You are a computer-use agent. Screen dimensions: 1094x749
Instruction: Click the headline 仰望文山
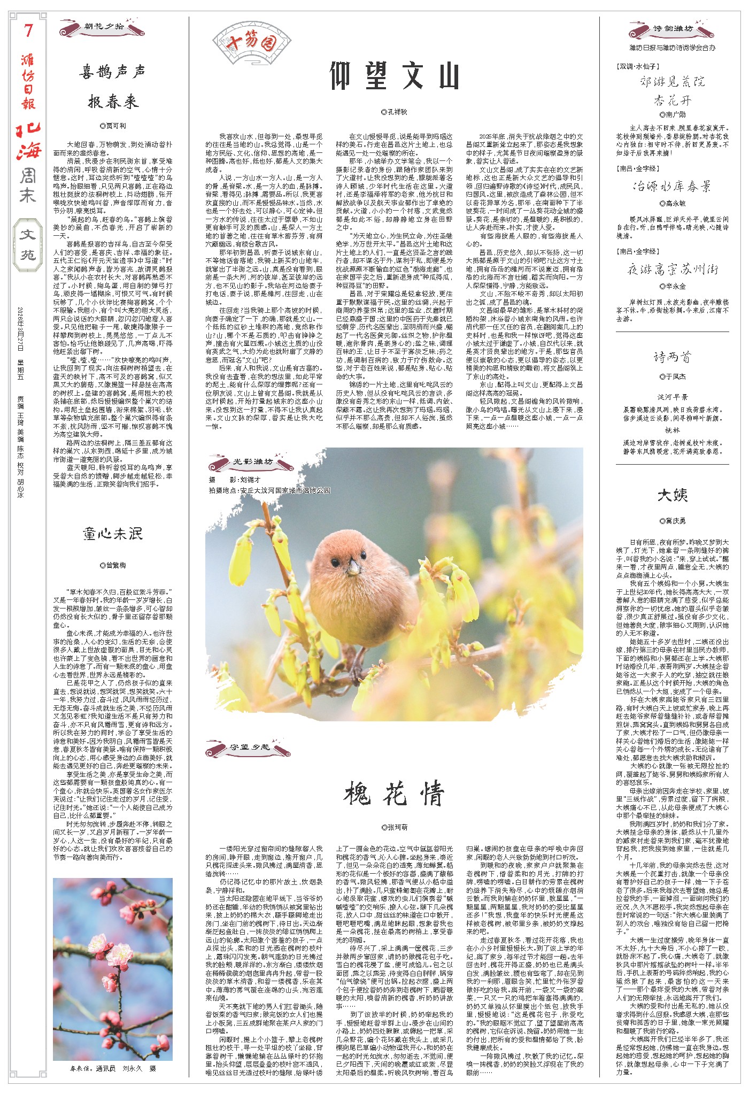[x=394, y=76]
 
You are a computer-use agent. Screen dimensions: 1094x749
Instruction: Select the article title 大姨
[x=672, y=495]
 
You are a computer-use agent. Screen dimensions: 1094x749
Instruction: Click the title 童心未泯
[x=113, y=533]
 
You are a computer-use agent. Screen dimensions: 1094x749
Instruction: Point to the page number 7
[x=28, y=31]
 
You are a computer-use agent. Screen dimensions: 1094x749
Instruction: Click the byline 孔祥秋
[x=394, y=112]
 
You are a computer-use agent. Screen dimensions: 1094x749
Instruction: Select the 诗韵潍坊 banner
[x=672, y=29]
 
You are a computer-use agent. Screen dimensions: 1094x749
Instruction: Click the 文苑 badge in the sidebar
[x=28, y=244]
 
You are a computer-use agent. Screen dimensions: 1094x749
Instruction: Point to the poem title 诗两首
[x=672, y=357]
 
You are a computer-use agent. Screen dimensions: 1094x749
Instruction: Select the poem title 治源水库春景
[x=672, y=187]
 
